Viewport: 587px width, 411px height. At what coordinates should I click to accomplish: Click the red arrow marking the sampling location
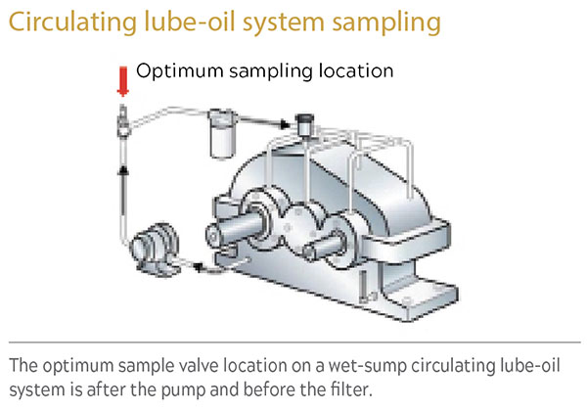pos(123,79)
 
